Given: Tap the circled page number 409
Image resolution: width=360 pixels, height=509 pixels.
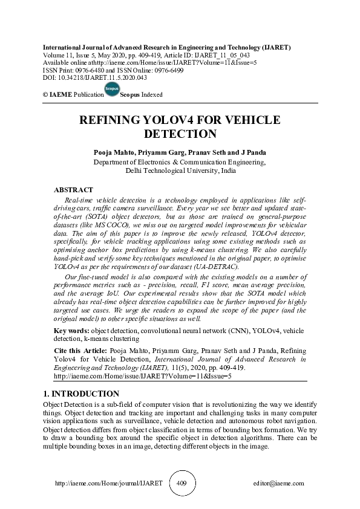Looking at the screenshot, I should tap(182, 484).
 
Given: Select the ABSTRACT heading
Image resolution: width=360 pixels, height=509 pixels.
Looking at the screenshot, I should tap(73, 190).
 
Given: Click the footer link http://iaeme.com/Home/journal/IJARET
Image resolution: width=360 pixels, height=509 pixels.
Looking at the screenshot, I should tap(109, 484).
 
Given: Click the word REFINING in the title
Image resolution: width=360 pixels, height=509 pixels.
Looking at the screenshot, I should tap(116, 120).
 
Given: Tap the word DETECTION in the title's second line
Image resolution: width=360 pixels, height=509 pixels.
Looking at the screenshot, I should tap(179, 134).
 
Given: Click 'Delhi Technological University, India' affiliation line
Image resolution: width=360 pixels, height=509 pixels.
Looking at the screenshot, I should tap(180, 171).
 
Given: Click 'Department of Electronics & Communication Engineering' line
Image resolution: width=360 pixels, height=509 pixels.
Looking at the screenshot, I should tap(180, 163).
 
